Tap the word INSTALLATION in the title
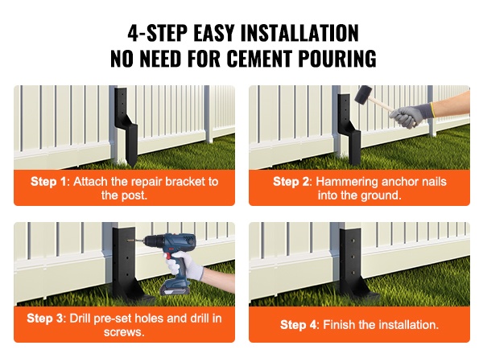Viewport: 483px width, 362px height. tap(299, 33)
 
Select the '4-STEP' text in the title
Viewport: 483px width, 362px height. tap(158, 33)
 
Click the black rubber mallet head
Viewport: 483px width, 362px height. tap(363, 95)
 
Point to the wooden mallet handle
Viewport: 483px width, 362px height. tap(382, 104)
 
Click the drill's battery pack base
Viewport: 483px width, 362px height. tap(175, 289)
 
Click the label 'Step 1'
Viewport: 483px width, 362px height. tap(48, 182)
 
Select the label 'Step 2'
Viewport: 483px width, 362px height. tap(291, 182)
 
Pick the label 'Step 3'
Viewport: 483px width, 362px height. tap(44, 318)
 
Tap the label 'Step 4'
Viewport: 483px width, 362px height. tap(298, 325)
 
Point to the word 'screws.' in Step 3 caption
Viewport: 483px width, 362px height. tap(124, 332)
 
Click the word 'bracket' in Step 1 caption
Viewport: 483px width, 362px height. tap(186, 182)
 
